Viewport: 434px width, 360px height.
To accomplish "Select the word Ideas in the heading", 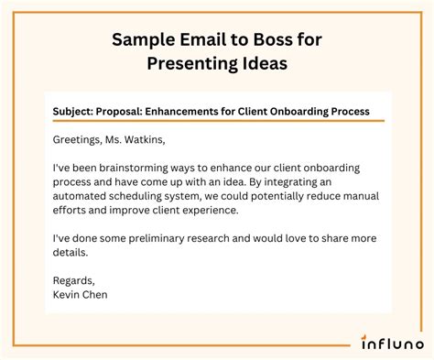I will click(266, 63).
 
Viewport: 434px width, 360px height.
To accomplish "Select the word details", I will click(71, 252).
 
